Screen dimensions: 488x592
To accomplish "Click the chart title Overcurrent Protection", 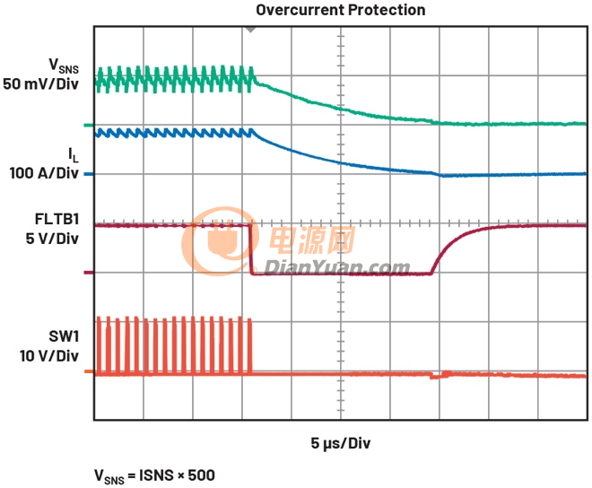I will pos(341,10).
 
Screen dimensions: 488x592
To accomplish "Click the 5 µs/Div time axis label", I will pos(341,443).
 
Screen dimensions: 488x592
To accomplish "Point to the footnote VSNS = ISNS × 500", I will pos(154,474).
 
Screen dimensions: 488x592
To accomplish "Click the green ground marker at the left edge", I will pos(88,125).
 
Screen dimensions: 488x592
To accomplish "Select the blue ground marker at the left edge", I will pos(88,174).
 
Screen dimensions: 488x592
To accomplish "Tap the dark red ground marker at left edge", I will pos(88,273).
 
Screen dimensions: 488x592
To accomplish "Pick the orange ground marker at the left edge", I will pos(88,370).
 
